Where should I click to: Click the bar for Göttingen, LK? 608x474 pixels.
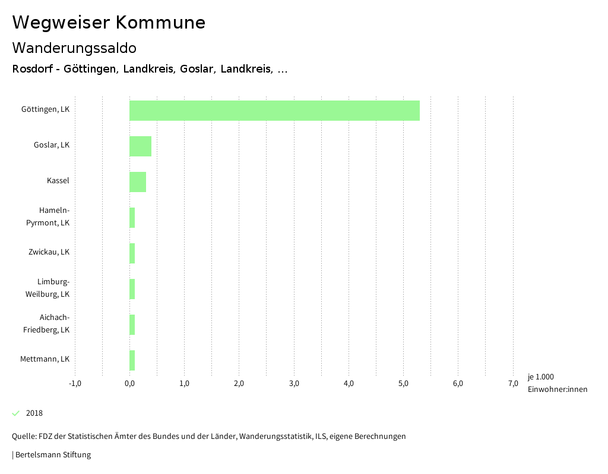pos(274,111)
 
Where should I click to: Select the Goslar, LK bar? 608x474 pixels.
pos(140,146)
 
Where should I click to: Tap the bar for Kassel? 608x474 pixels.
pos(138,182)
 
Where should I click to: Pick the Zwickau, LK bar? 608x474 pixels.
pos(132,253)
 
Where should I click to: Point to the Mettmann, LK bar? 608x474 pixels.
pos(132,360)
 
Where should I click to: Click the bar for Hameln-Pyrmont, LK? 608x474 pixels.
pos(132,218)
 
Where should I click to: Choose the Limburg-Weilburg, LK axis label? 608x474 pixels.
pos(47,288)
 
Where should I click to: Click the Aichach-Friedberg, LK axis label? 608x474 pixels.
pos(46,324)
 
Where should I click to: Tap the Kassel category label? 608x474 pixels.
pos(58,181)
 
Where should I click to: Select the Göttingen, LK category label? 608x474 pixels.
pos(45,109)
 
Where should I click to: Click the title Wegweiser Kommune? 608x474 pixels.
pos(109,23)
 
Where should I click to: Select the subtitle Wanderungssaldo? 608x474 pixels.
pos(74,48)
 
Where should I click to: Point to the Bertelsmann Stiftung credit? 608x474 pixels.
pos(52,455)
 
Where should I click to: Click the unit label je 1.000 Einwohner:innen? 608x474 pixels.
pos(557,383)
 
